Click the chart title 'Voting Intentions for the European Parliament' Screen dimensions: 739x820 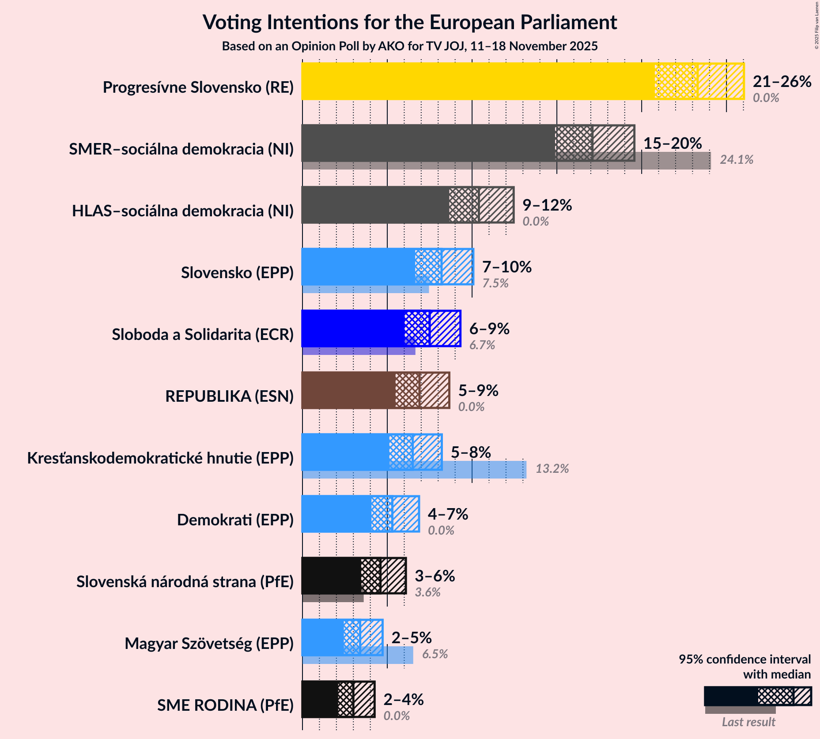coord(409,22)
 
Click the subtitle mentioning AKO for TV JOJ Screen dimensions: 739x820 coord(409,46)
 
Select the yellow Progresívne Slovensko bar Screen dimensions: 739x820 coord(477,81)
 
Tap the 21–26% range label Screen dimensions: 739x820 coord(782,82)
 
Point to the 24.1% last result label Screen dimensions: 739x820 coord(736,160)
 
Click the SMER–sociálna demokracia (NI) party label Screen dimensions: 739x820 coord(181,149)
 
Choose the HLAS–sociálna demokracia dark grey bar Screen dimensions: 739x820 coord(375,205)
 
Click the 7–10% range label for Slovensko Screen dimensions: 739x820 coord(506,267)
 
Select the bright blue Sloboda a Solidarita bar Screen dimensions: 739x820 coord(353,328)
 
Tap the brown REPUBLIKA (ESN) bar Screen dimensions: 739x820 coord(349,390)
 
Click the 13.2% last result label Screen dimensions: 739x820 coord(552,469)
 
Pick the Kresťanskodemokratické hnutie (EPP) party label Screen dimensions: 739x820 coord(160,458)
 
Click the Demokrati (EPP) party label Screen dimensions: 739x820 coord(235,520)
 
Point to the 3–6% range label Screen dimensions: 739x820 coord(435,576)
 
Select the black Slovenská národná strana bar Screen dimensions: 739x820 coord(331,576)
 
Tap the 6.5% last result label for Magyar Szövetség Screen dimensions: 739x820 coord(435,654)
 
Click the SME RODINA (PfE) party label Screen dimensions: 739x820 coord(225,705)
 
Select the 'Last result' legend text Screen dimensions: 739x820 coord(748,722)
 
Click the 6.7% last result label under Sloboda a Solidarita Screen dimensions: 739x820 coord(482,345)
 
